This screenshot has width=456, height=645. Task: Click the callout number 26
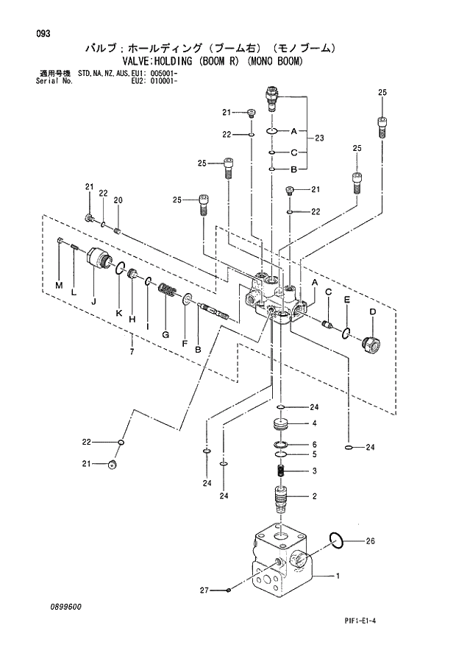click(371, 541)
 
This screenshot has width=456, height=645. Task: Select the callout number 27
click(205, 591)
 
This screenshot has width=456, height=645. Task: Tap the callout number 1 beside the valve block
click(338, 576)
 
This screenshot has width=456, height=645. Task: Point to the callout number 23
click(319, 138)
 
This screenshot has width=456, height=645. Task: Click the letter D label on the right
click(372, 312)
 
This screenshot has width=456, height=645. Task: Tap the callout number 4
click(314, 423)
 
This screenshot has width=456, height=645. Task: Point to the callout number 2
click(314, 496)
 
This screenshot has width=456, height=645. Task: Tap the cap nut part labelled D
click(371, 343)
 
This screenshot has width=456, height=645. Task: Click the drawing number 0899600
click(66, 606)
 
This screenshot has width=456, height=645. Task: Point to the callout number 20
click(118, 200)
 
